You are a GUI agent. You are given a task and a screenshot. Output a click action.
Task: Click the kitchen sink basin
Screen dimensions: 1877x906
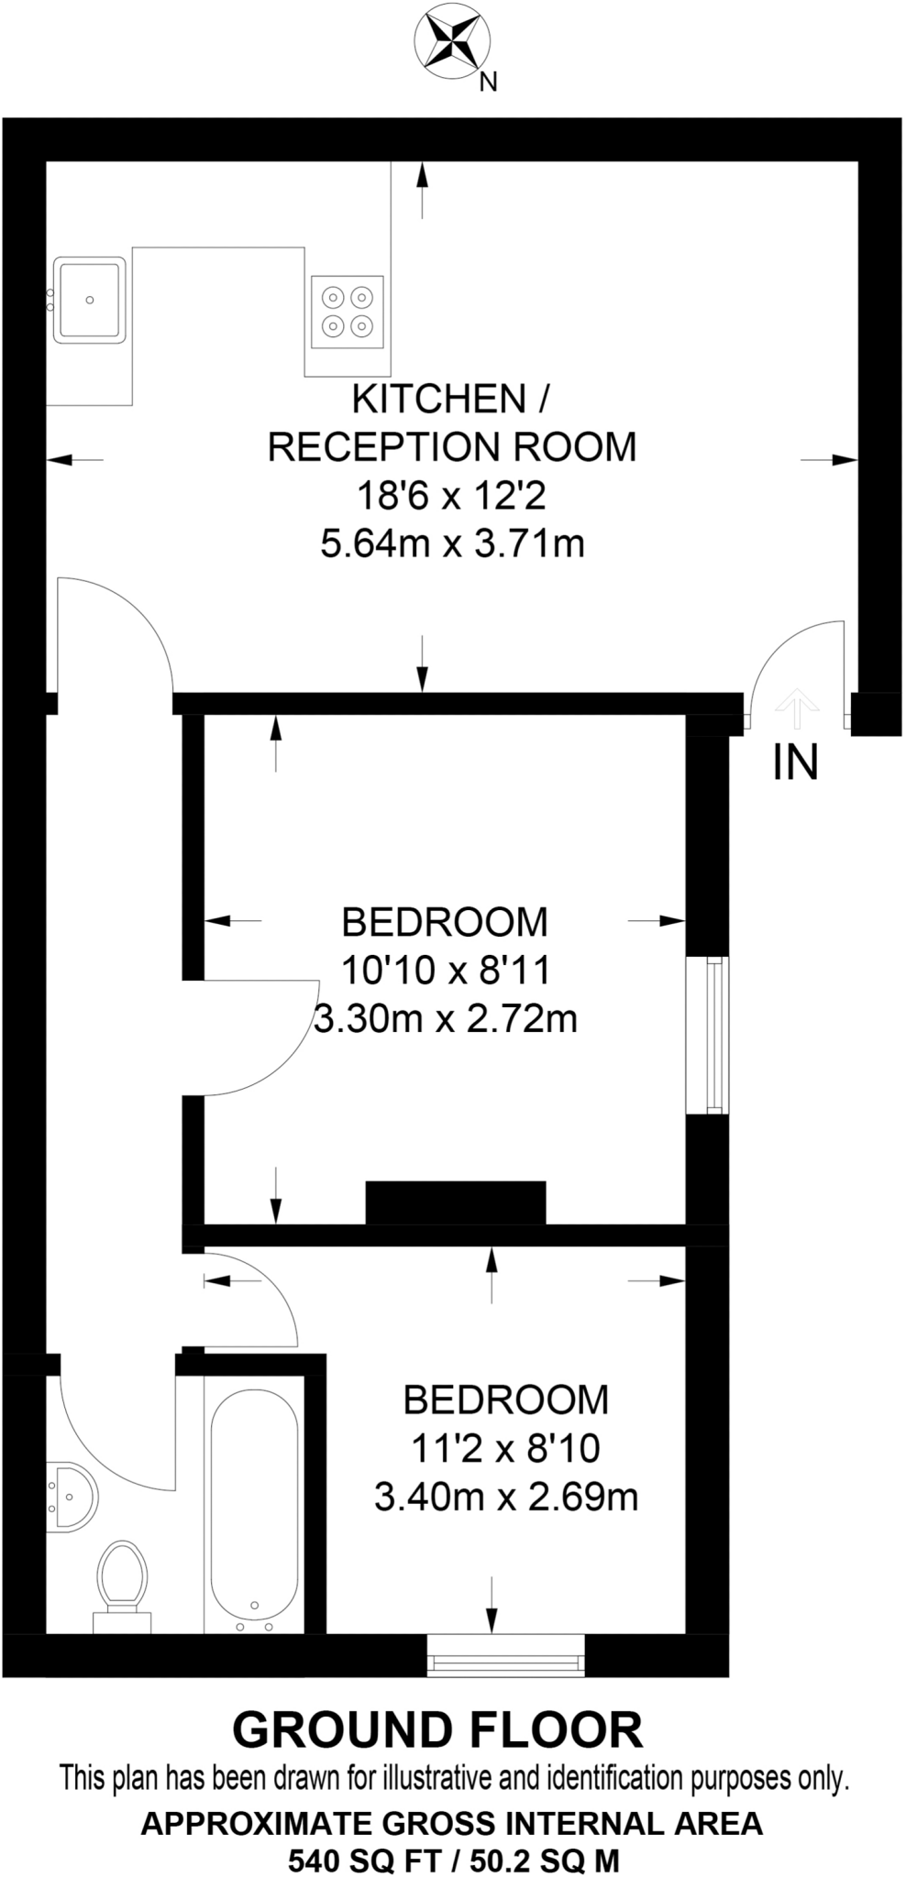click(89, 300)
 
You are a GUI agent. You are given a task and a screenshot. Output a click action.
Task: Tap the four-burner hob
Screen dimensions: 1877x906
click(348, 312)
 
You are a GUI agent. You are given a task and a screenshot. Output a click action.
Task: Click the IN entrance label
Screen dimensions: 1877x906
click(795, 763)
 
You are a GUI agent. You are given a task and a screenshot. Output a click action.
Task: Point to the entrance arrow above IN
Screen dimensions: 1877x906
click(797, 707)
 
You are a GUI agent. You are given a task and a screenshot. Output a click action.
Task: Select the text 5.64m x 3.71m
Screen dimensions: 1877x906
click(452, 544)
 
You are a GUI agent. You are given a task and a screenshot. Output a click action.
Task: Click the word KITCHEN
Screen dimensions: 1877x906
click(439, 400)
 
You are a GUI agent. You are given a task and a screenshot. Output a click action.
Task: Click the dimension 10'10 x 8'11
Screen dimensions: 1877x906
click(445, 970)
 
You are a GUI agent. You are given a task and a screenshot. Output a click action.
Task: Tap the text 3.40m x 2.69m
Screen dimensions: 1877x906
click(506, 1497)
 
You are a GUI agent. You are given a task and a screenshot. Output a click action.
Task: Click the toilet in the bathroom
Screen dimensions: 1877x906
click(122, 1580)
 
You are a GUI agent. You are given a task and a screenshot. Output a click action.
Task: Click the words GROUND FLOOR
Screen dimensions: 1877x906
click(437, 1730)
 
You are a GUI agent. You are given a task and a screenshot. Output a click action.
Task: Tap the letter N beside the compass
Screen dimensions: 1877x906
click(489, 82)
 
